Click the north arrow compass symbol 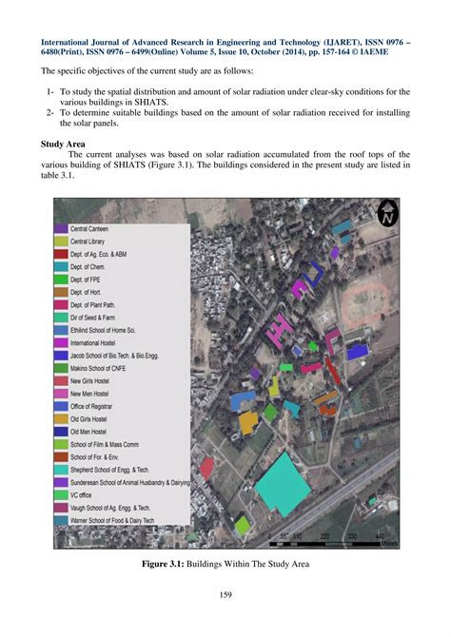(x=386, y=213)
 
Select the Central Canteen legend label (x=91, y=229)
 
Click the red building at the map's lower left (x=206, y=467)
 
